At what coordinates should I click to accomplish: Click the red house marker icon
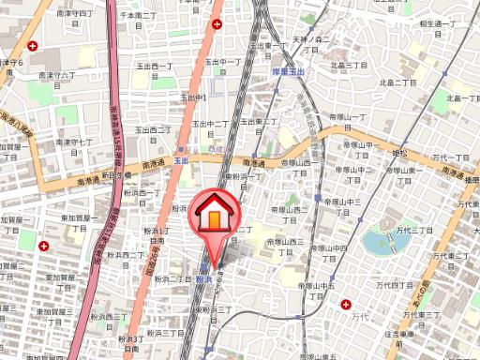point(213,218)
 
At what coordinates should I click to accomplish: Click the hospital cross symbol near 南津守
point(34,46)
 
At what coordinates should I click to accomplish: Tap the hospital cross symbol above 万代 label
point(347,304)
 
